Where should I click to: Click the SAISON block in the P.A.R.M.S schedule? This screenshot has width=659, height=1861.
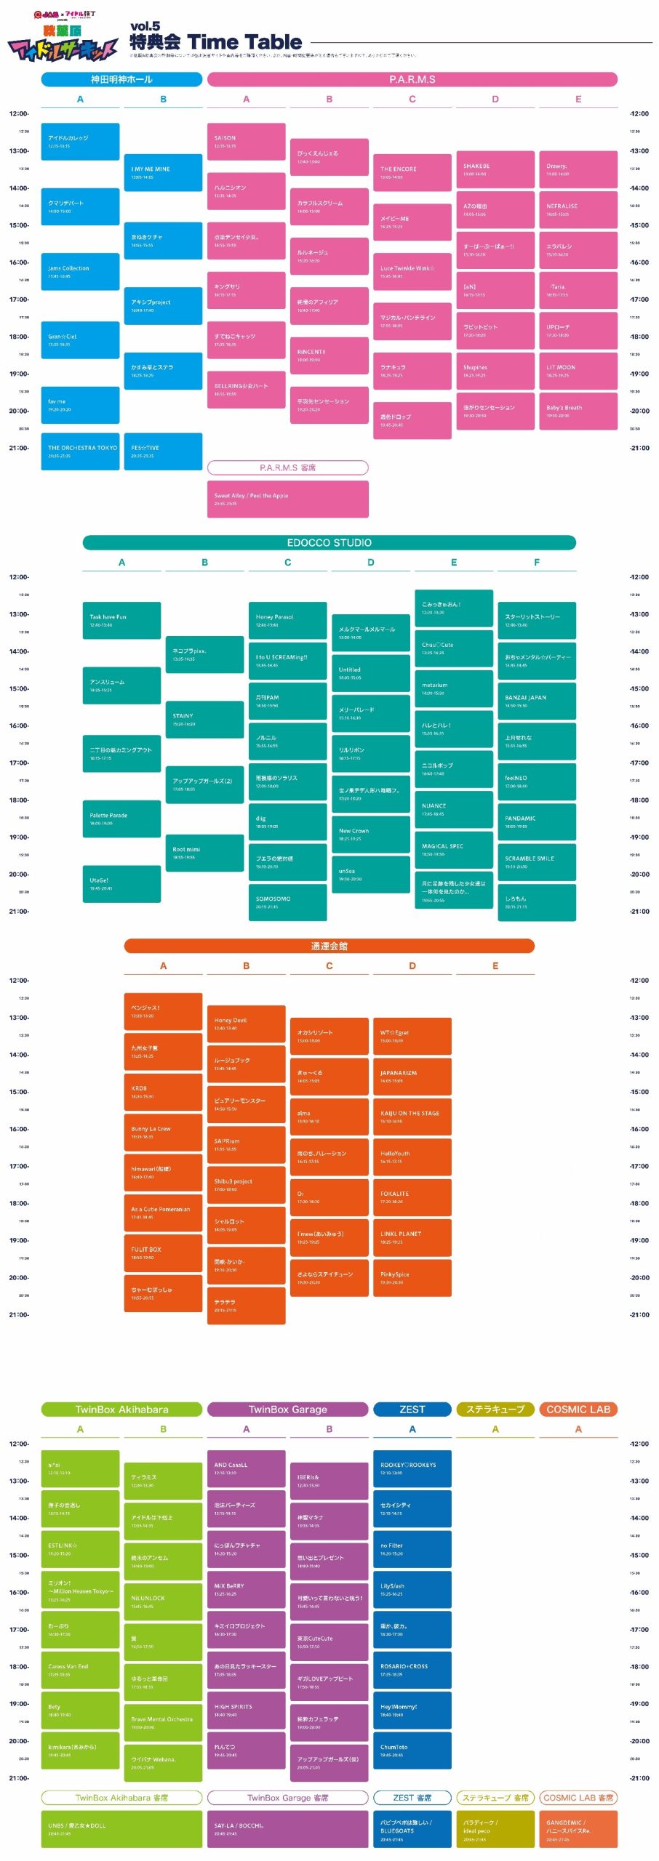click(246, 142)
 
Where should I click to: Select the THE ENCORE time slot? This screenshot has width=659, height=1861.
click(412, 172)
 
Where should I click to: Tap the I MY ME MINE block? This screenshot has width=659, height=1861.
click(163, 172)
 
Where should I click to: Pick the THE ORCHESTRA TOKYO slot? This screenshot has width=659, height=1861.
click(80, 451)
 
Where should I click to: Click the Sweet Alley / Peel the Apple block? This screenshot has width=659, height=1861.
click(287, 499)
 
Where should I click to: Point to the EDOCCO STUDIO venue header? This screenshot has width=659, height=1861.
click(329, 542)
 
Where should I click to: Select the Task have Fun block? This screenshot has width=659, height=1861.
click(121, 620)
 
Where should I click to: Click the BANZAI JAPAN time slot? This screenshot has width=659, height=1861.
click(536, 701)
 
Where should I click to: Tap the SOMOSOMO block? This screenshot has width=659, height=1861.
click(287, 902)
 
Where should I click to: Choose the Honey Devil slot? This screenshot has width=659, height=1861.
click(246, 1024)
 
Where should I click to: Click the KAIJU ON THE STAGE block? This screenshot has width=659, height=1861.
click(412, 1117)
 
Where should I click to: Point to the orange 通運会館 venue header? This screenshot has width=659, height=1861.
click(329, 946)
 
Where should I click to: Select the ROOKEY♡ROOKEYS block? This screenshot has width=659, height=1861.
click(412, 1468)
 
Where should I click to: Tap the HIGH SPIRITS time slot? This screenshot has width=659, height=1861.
click(246, 1710)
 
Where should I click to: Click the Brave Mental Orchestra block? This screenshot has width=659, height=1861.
click(163, 1722)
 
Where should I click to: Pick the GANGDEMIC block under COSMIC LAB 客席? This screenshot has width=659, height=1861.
click(578, 1829)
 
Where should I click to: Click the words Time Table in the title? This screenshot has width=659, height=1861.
click(244, 42)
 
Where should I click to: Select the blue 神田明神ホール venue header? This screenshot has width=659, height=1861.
click(121, 79)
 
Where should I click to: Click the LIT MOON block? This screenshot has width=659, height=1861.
click(578, 371)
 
